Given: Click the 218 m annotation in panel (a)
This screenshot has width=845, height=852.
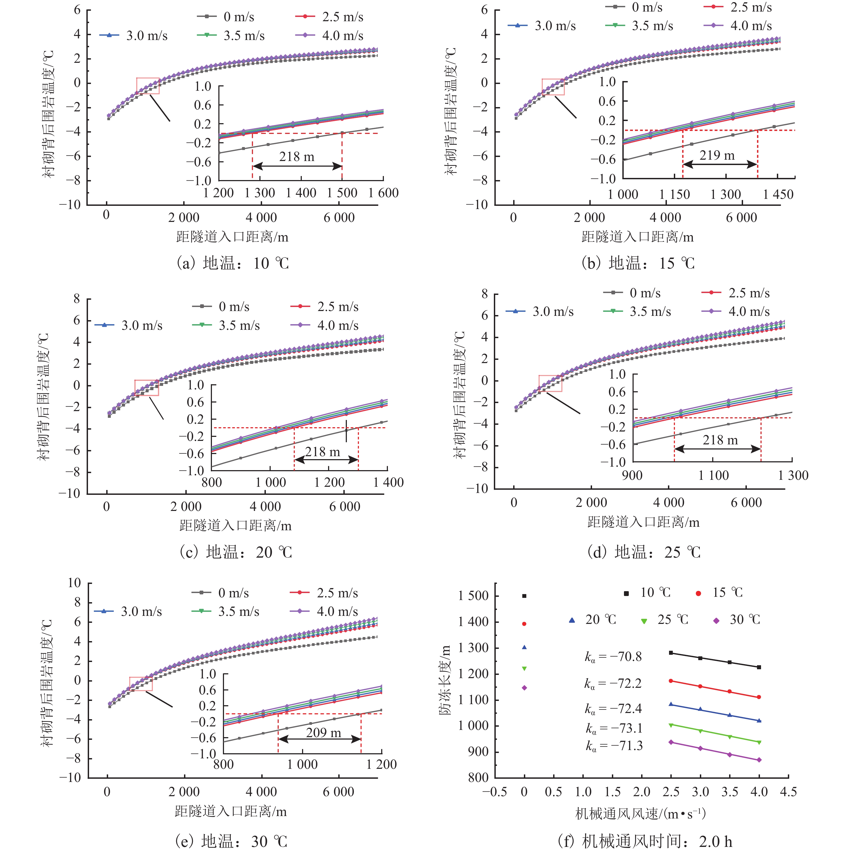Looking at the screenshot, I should coord(297,156).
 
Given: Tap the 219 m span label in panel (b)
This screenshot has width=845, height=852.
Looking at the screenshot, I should coord(717,155).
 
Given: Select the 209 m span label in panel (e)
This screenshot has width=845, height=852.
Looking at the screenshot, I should coord(324,733).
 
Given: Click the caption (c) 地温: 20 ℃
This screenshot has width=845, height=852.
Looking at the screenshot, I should coord(236,552).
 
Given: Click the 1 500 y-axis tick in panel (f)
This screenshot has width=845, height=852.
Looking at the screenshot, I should coord(473,596).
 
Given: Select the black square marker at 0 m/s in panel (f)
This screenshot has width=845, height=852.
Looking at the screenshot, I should coord(524,596).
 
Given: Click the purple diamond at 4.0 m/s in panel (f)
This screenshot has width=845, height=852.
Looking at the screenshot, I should coord(759,760).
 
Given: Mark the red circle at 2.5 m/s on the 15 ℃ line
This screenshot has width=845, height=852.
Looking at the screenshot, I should coord(671,681).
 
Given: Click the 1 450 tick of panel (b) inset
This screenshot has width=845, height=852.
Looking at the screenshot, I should coord(778,195).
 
